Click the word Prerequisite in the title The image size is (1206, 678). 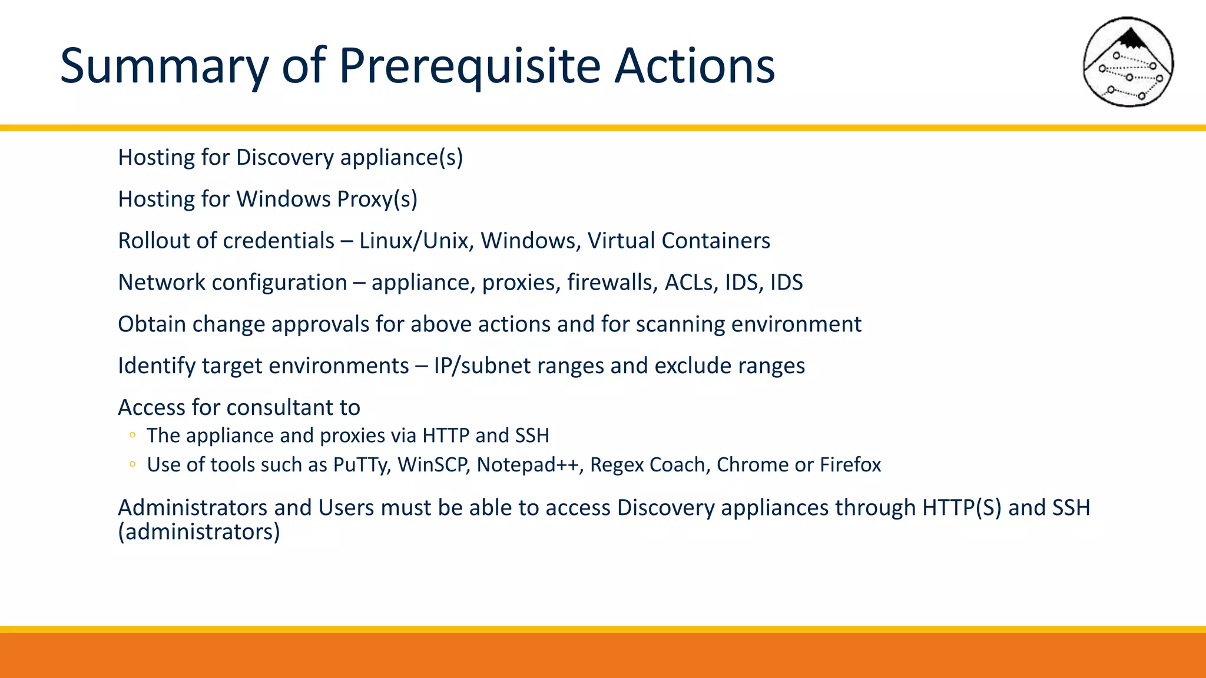click(469, 66)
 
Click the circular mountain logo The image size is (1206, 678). click(1128, 62)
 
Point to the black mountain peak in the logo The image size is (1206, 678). click(1130, 39)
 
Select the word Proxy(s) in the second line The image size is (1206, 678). click(377, 200)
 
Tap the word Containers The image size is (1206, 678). click(715, 241)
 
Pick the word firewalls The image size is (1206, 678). click(612, 282)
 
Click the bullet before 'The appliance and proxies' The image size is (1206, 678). click(132, 436)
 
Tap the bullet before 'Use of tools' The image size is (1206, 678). click(132, 465)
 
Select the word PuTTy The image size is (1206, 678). click(361, 465)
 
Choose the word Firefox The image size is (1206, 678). click(850, 465)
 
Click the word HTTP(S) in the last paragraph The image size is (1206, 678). click(962, 508)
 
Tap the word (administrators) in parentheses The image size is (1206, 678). click(199, 532)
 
